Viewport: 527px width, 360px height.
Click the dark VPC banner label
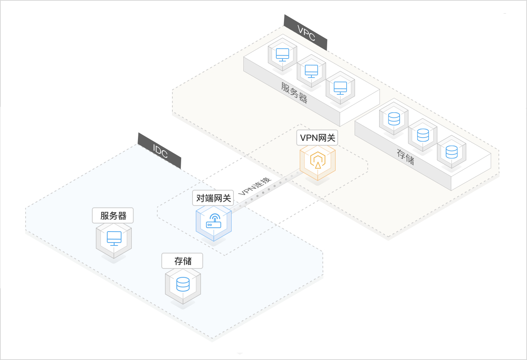(x=306, y=33)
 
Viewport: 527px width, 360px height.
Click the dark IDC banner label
(x=160, y=151)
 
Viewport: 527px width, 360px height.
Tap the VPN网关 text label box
(x=317, y=138)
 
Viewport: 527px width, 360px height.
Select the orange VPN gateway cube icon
(x=318, y=161)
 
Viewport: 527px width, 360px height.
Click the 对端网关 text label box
(x=213, y=198)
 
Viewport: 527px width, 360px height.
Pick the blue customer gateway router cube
(x=214, y=222)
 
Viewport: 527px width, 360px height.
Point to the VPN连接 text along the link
(x=255, y=186)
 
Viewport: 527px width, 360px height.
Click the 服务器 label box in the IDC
(x=113, y=215)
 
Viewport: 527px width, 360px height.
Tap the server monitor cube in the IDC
(x=114, y=240)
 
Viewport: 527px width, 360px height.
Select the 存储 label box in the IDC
(x=183, y=261)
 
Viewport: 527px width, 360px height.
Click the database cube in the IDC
(x=183, y=285)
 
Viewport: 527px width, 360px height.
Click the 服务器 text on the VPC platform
(x=294, y=93)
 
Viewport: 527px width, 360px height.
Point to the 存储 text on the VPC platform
(x=405, y=157)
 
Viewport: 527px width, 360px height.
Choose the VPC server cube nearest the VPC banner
(x=282, y=55)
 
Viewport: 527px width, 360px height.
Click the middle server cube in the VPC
(x=311, y=71)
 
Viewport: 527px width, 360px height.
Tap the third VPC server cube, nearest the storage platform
(x=340, y=88)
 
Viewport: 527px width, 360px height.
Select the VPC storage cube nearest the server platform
(x=394, y=119)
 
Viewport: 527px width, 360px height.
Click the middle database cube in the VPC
(x=423, y=135)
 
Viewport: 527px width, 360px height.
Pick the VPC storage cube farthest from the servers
(x=452, y=152)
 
